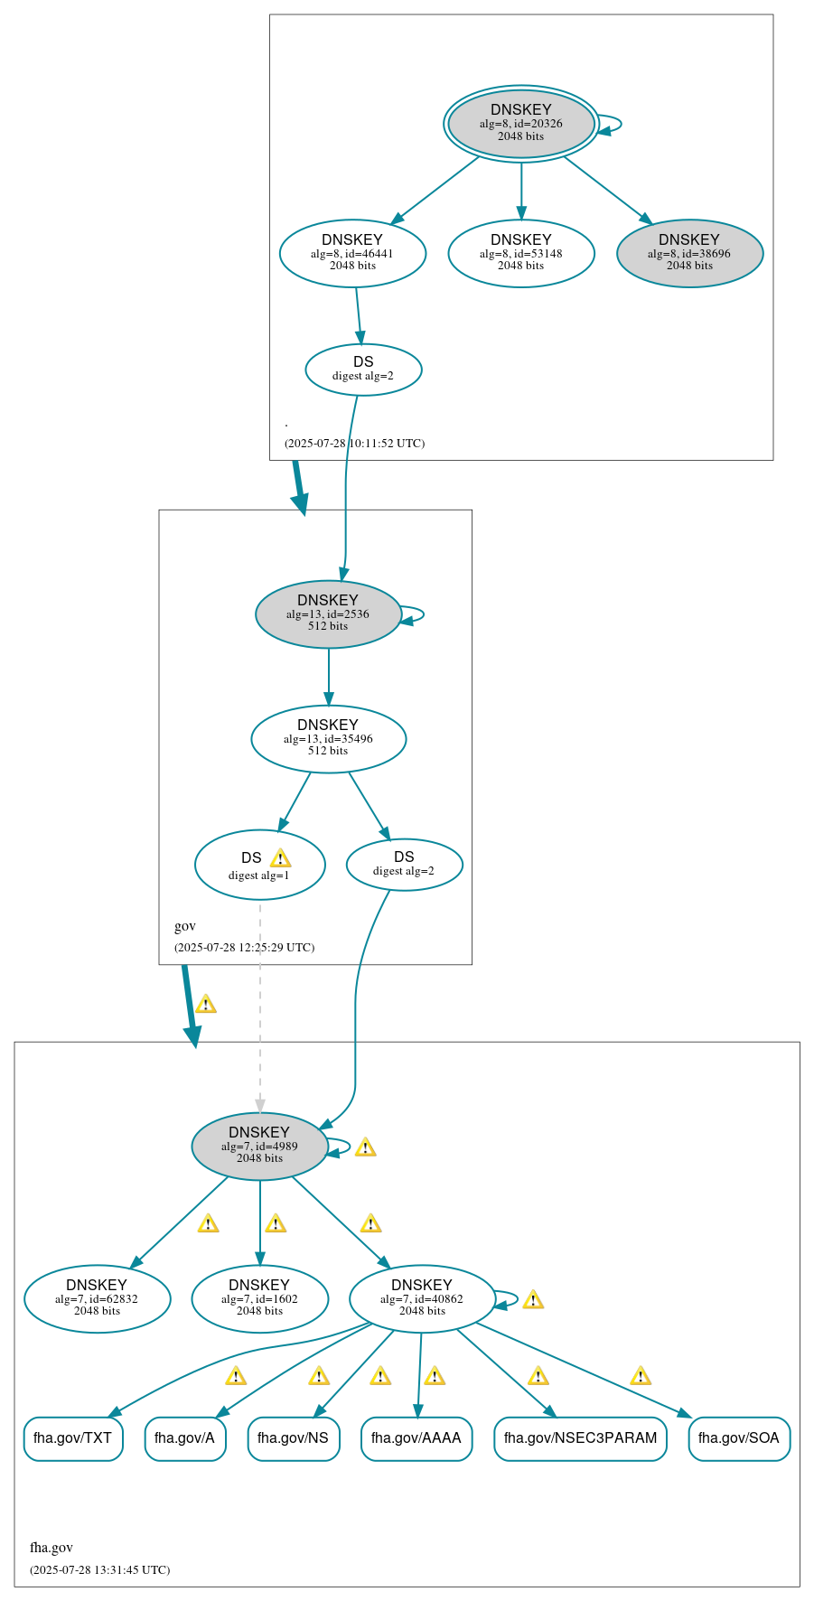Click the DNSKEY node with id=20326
pyautogui.click(x=520, y=124)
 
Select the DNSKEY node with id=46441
pyautogui.click(x=352, y=253)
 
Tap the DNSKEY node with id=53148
pyautogui.click(x=520, y=253)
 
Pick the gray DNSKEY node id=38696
pyautogui.click(x=689, y=253)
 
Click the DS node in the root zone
pyautogui.click(x=363, y=369)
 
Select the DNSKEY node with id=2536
pyautogui.click(x=328, y=613)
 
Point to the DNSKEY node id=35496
pyautogui.click(x=328, y=738)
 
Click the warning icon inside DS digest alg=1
pyautogui.click(x=280, y=858)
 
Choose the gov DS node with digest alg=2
pyautogui.click(x=404, y=864)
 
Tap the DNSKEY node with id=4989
pyautogui.click(x=259, y=1146)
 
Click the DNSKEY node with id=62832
pyautogui.click(x=97, y=1298)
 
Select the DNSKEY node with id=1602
pyautogui.click(x=259, y=1298)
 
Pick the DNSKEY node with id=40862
pyautogui.click(x=421, y=1298)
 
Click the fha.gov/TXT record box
pyautogui.click(x=73, y=1437)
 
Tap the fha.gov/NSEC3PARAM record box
pyautogui.click(x=580, y=1437)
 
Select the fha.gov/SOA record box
pyautogui.click(x=738, y=1437)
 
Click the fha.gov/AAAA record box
pyautogui.click(x=416, y=1437)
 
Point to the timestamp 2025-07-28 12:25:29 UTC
pyautogui.click(x=244, y=948)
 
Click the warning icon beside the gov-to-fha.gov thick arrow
pyautogui.click(x=206, y=1004)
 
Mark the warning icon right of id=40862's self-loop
pyautogui.click(x=533, y=1300)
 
